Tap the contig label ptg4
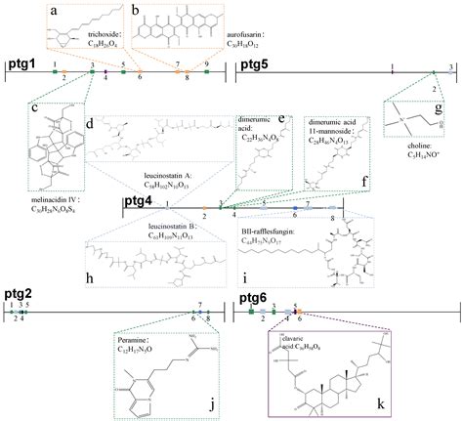[140, 201]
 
